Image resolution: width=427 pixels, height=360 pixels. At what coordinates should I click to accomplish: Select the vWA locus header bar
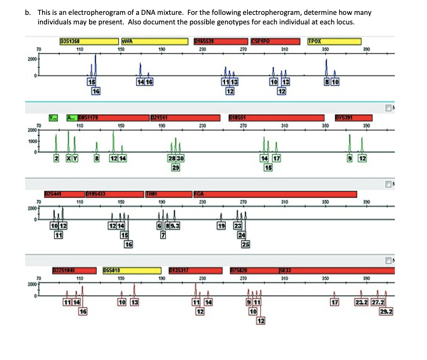pos(154,41)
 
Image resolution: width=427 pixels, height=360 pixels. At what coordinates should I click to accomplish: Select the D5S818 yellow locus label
pos(132,271)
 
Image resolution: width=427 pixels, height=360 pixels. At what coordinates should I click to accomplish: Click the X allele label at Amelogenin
pos(69,159)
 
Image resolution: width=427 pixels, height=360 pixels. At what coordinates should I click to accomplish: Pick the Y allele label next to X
pos(75,159)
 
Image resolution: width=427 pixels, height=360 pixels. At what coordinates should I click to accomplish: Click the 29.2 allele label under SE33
pos(386,312)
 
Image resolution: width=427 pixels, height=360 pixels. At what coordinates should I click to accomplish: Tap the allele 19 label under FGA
pos(221,226)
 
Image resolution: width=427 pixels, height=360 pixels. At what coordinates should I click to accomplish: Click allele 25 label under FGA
pos(245,244)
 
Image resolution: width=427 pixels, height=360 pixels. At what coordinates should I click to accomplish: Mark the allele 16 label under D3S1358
pos(95,91)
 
